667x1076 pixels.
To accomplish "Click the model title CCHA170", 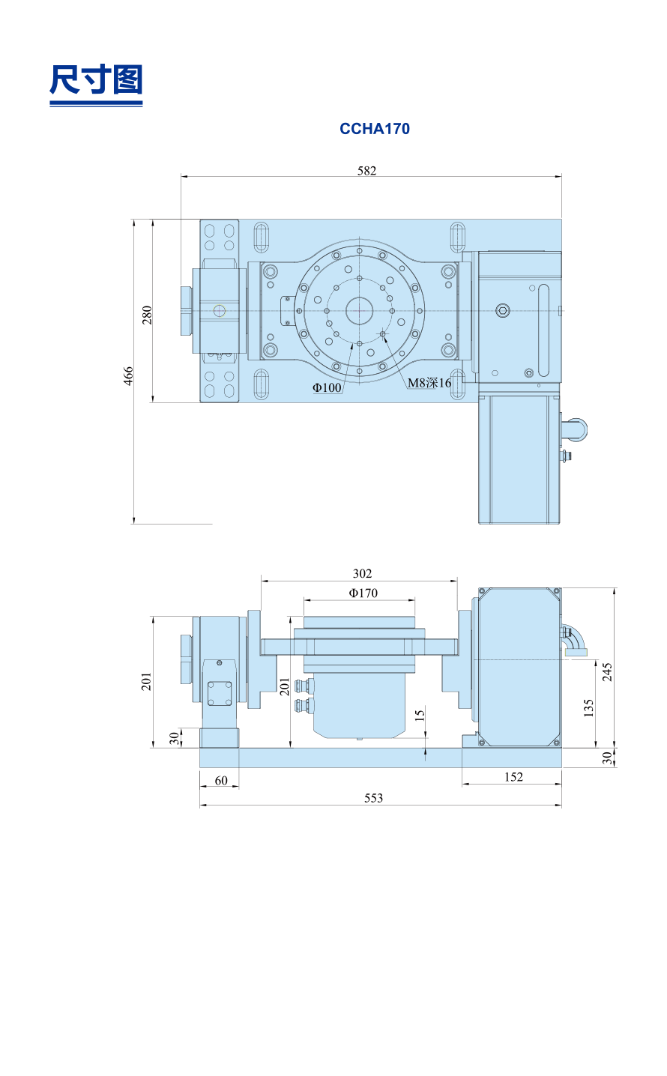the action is click(375, 129).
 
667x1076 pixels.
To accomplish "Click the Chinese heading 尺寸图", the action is click(96, 79).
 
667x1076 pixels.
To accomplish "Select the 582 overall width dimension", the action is click(366, 171).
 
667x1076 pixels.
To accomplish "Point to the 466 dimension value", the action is click(128, 375).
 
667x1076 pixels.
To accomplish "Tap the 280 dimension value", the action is click(147, 315).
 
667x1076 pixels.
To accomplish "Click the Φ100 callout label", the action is click(327, 387).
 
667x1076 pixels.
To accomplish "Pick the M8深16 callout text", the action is click(429, 383).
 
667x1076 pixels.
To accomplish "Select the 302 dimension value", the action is click(362, 573).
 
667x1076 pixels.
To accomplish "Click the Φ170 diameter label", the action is click(363, 593).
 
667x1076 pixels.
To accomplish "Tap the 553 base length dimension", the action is click(373, 798).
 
